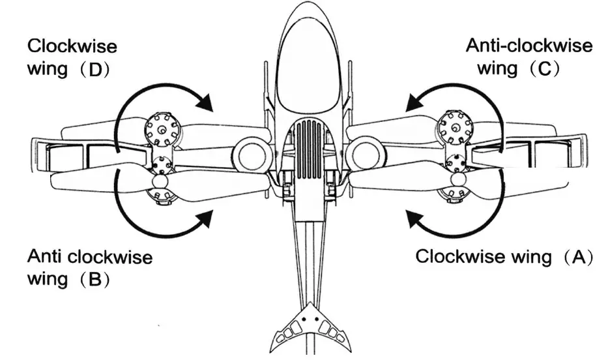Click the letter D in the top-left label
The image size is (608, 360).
point(95,70)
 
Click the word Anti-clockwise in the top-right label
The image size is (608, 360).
point(529,46)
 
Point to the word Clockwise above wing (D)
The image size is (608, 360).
point(72,47)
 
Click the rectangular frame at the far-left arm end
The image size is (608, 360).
point(62,156)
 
